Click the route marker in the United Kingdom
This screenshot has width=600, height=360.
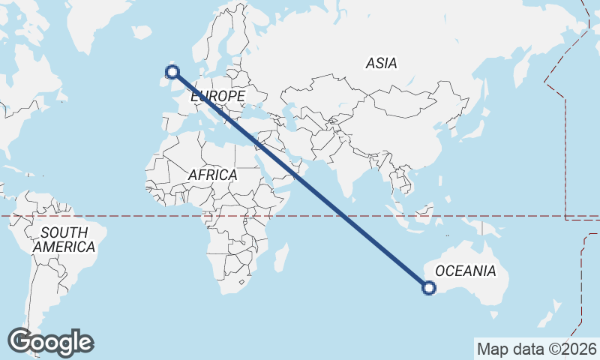(x=172, y=72)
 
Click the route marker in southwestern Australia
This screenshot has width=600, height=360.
(x=429, y=287)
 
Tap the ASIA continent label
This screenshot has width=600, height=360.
(x=381, y=64)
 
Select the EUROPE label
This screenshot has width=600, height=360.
(x=217, y=97)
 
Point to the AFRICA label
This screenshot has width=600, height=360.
(x=212, y=175)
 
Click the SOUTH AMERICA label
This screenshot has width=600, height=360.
(x=64, y=239)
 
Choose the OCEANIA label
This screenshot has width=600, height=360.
(x=465, y=271)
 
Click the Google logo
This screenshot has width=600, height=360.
(x=50, y=342)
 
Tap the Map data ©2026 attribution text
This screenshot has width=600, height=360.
(x=536, y=349)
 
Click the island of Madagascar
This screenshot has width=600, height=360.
(x=280, y=257)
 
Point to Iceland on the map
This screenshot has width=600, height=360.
(x=140, y=32)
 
